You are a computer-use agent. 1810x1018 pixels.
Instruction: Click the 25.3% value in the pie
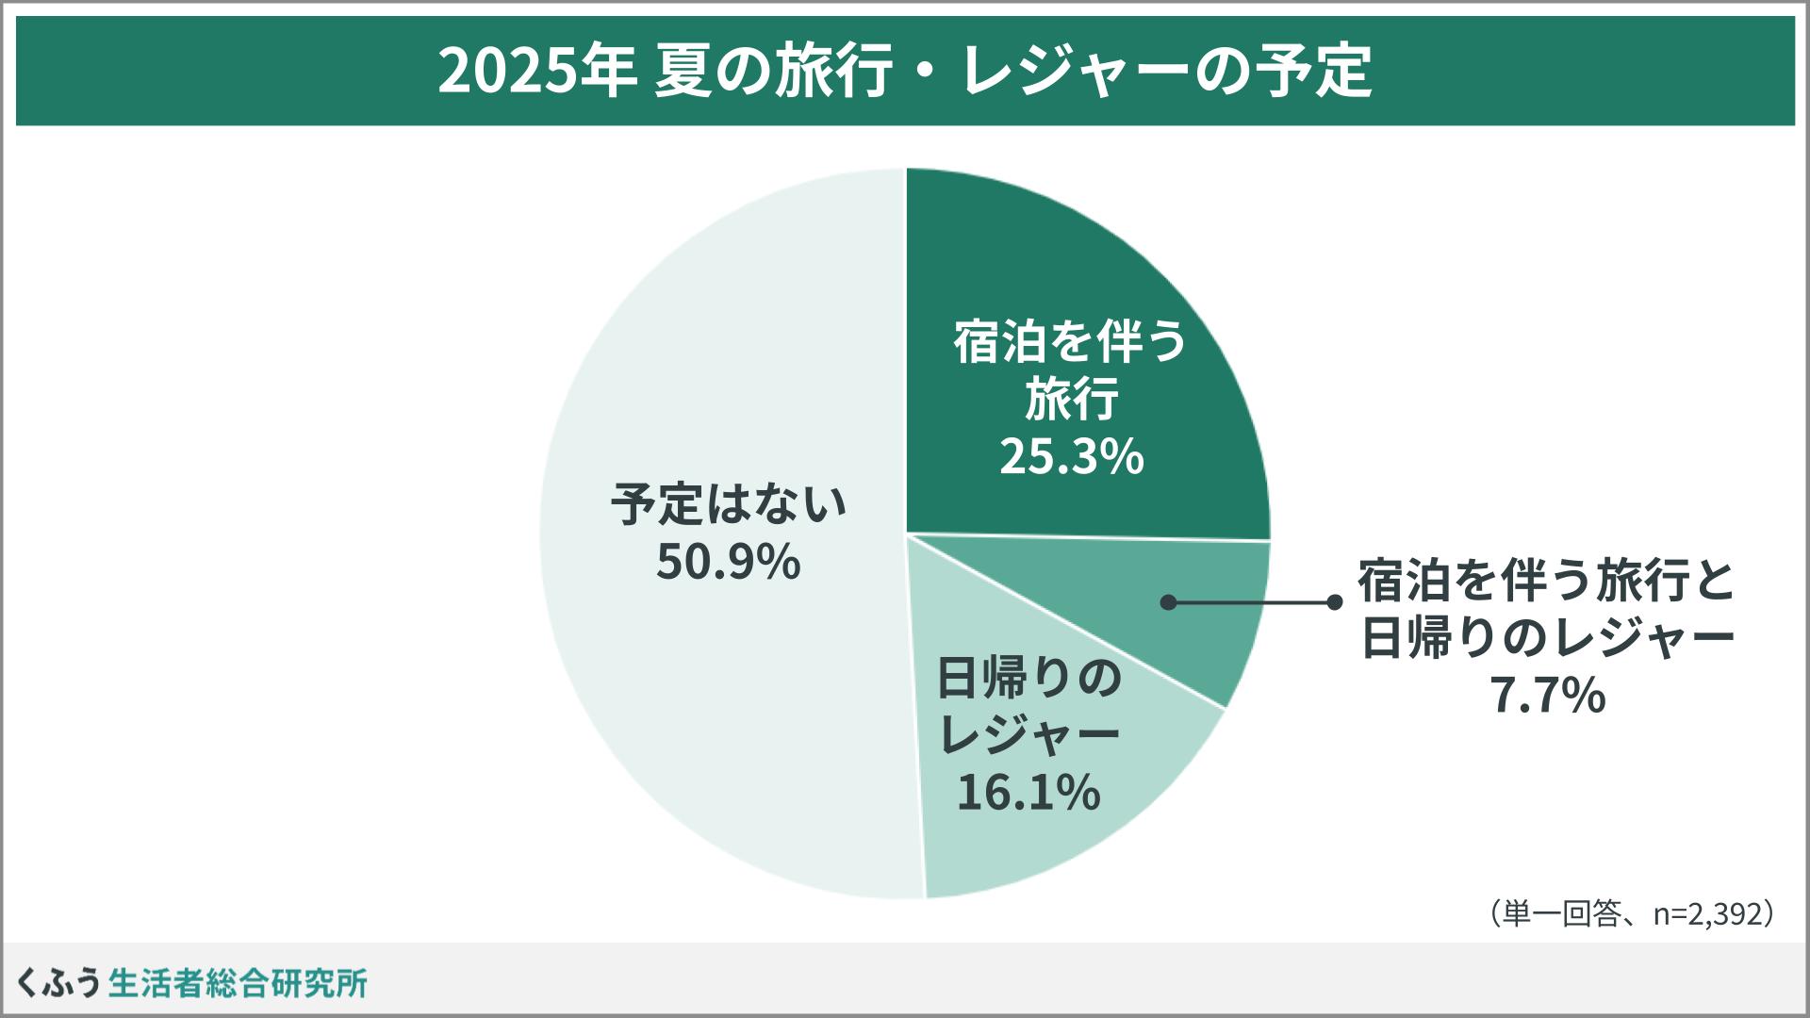click(x=1071, y=458)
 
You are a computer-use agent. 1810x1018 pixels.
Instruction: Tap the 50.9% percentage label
click(x=728, y=563)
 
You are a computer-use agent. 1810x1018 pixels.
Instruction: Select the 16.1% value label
click(x=1028, y=792)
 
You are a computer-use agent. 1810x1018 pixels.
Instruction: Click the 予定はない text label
click(x=728, y=504)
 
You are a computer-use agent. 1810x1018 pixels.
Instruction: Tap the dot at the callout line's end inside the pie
click(x=1168, y=602)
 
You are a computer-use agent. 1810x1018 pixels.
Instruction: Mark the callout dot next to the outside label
click(x=1334, y=602)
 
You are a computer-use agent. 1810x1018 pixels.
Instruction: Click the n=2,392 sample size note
click(x=1707, y=913)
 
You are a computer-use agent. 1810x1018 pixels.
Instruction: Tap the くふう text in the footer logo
click(x=58, y=982)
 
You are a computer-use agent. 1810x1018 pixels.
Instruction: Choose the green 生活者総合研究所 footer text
click(x=238, y=982)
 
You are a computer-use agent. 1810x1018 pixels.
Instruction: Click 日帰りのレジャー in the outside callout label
click(x=1547, y=639)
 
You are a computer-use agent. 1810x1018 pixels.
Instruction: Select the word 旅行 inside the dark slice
click(x=1071, y=400)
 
